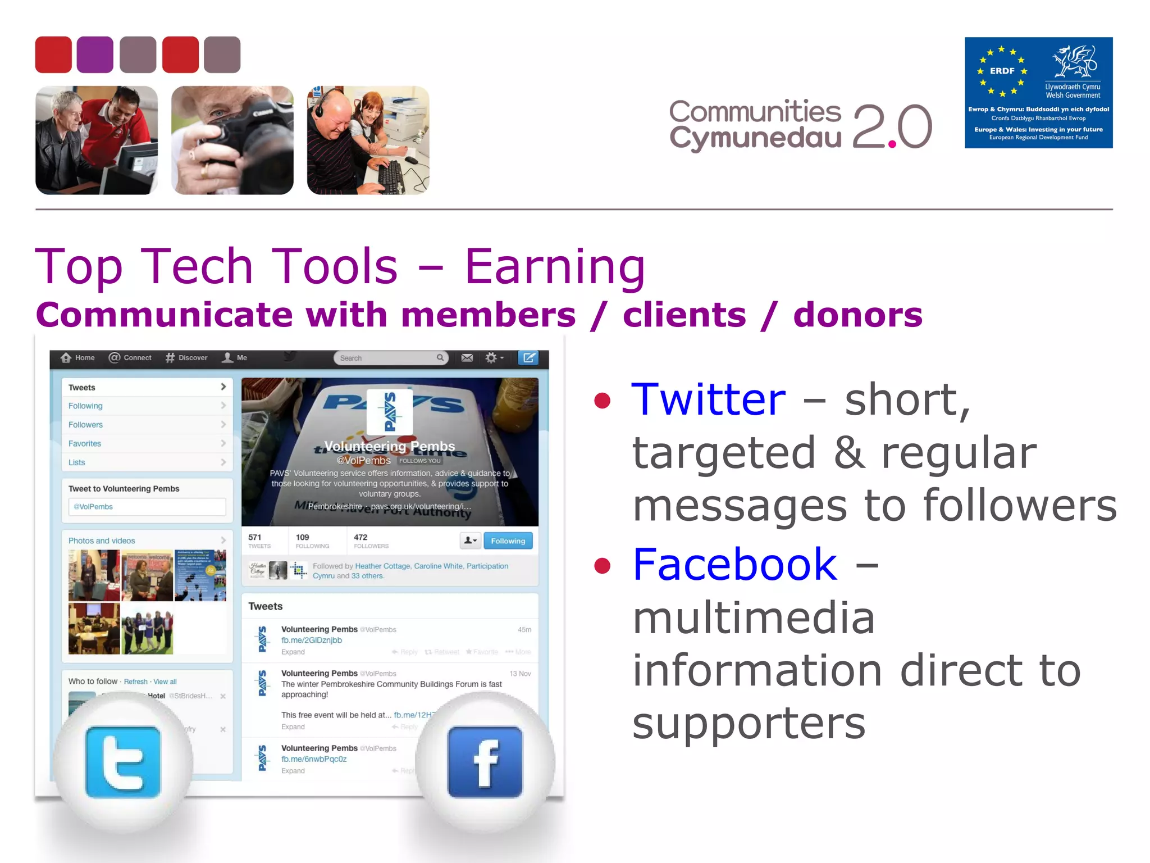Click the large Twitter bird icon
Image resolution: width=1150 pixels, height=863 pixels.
(123, 762)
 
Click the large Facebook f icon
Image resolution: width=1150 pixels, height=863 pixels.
(485, 762)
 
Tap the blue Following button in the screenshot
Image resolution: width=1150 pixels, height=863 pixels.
(508, 540)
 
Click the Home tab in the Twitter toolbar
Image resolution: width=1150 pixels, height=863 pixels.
(78, 358)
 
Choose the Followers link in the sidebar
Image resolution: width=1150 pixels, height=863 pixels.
(86, 425)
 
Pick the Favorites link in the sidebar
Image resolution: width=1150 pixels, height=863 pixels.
(85, 443)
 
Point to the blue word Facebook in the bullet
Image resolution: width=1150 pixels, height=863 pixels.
(734, 564)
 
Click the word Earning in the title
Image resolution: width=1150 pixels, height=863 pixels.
(555, 266)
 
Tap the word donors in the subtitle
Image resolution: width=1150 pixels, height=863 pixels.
(857, 315)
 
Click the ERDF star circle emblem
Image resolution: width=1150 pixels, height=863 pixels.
(1002, 71)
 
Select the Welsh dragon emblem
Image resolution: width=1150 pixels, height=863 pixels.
(1075, 62)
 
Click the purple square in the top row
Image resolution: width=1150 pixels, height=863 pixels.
(95, 54)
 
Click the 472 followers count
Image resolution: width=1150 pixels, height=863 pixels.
(361, 537)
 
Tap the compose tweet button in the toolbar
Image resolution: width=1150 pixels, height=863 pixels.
(528, 358)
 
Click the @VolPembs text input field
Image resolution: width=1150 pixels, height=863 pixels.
(147, 507)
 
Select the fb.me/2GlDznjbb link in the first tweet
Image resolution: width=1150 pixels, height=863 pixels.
(312, 641)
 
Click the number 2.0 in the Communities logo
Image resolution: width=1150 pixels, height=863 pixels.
(892, 127)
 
